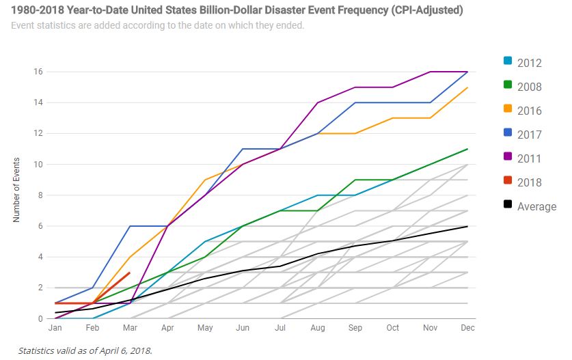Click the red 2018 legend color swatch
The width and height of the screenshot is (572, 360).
click(x=508, y=182)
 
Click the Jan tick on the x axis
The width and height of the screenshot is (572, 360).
click(x=55, y=329)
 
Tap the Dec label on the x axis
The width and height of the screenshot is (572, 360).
click(x=467, y=329)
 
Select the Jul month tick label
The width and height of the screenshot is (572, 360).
click(x=280, y=329)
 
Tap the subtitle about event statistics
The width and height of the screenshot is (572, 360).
click(x=157, y=26)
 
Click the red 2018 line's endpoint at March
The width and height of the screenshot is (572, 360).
click(x=130, y=273)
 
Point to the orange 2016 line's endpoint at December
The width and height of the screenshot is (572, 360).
click(x=467, y=87)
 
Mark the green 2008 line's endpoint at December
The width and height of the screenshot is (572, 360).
click(x=467, y=149)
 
